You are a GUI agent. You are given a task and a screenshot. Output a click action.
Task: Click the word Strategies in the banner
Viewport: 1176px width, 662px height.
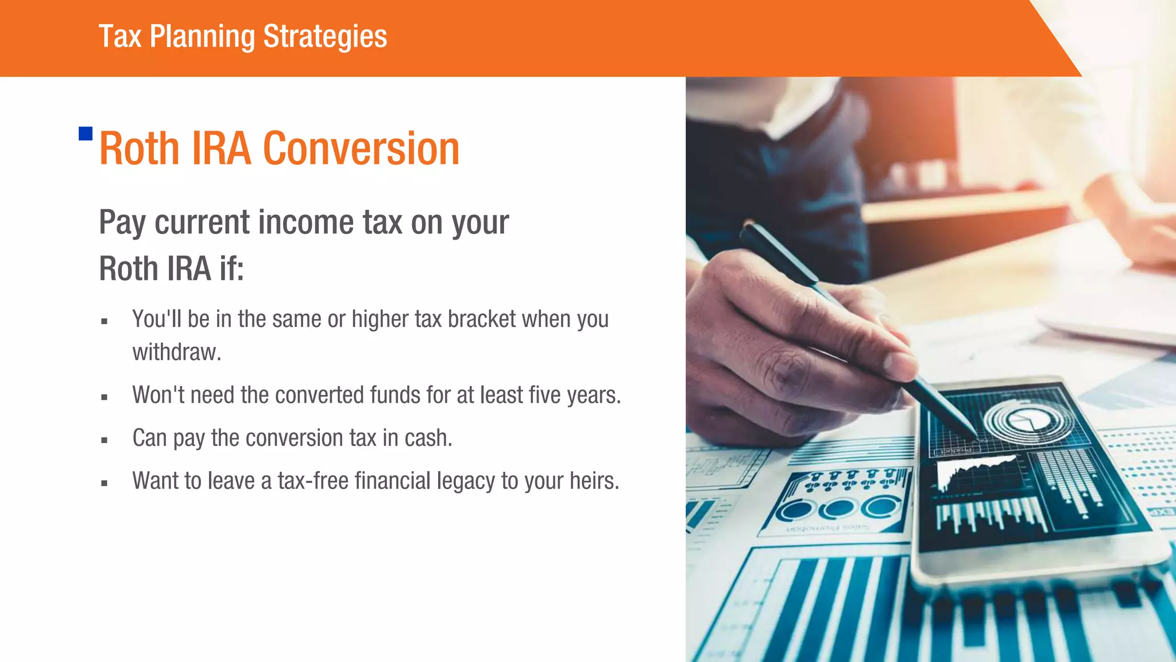(x=325, y=37)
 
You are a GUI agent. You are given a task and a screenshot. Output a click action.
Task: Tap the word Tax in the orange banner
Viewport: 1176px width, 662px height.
(x=119, y=37)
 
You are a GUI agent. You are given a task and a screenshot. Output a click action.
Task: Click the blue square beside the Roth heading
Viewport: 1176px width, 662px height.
(x=86, y=134)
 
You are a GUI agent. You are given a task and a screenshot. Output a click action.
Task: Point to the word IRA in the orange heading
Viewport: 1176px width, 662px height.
(x=221, y=149)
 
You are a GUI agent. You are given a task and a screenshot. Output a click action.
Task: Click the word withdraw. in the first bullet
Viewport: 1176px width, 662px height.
(x=176, y=352)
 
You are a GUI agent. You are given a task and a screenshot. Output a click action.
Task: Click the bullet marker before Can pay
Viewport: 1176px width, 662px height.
(x=104, y=441)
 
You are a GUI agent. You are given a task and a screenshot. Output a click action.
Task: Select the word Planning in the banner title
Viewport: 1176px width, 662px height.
(x=202, y=37)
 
